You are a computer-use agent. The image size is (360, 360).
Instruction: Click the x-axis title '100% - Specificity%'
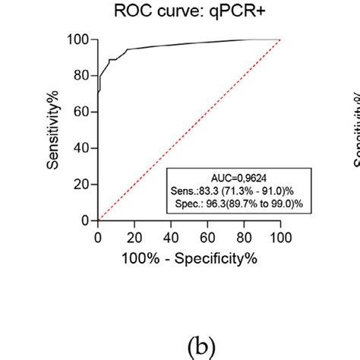[x=188, y=259]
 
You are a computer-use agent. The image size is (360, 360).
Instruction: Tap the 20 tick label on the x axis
[x=134, y=238]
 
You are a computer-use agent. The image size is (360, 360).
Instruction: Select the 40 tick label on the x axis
[x=171, y=238]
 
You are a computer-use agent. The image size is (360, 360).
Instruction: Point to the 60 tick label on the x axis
[x=207, y=238]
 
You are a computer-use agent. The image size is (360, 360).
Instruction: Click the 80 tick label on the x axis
[x=244, y=238]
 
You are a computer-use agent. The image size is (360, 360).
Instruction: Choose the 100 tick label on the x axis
[x=280, y=238]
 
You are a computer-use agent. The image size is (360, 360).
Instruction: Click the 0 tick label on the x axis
[x=98, y=238]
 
